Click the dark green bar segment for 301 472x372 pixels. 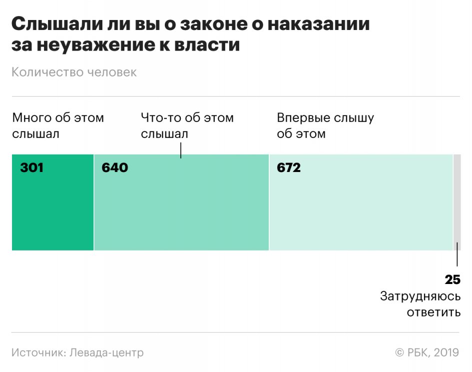coord(52,210)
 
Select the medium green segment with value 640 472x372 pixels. coord(181,210)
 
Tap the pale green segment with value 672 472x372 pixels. coord(361,210)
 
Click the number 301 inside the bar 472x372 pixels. coord(32,167)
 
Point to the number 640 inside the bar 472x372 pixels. coord(115,167)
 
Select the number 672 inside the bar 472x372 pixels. coord(289,167)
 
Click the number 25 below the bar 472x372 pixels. coord(453,279)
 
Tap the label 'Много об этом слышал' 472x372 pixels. coord(58,126)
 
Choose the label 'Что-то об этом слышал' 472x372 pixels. coord(187,126)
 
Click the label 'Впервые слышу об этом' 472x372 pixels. coord(325,126)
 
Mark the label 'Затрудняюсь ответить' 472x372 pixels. coord(420,304)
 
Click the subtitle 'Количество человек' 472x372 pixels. coord(74,72)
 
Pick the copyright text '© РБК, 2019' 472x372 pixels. coord(427,352)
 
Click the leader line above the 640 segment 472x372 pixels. coord(181,150)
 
